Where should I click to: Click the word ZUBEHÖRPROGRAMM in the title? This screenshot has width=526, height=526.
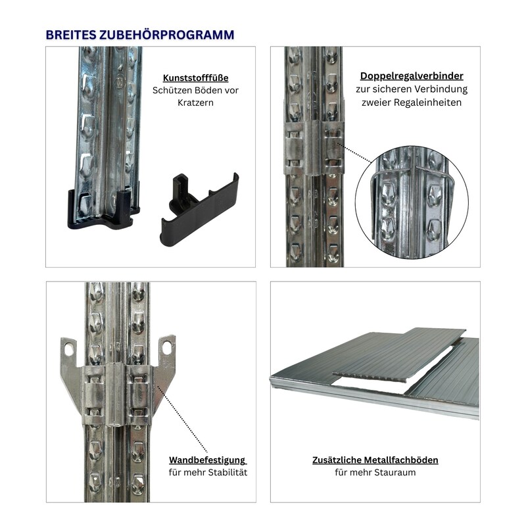tap(166, 35)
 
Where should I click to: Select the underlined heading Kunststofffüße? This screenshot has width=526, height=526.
tap(195, 78)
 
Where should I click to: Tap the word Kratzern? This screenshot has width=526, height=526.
tap(195, 103)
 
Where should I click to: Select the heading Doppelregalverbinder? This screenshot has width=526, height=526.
tap(412, 76)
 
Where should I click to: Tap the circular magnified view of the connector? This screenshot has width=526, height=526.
tap(412, 202)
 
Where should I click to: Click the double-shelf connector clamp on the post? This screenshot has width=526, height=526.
tap(314, 147)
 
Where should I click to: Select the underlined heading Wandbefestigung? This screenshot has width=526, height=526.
tap(207, 460)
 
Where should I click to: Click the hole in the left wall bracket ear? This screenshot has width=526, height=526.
tap(69, 350)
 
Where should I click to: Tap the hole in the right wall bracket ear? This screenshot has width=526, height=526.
tap(167, 348)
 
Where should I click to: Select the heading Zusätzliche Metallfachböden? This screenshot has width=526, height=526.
tap(375, 460)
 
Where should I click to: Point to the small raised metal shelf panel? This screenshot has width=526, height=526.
tap(399, 355)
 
